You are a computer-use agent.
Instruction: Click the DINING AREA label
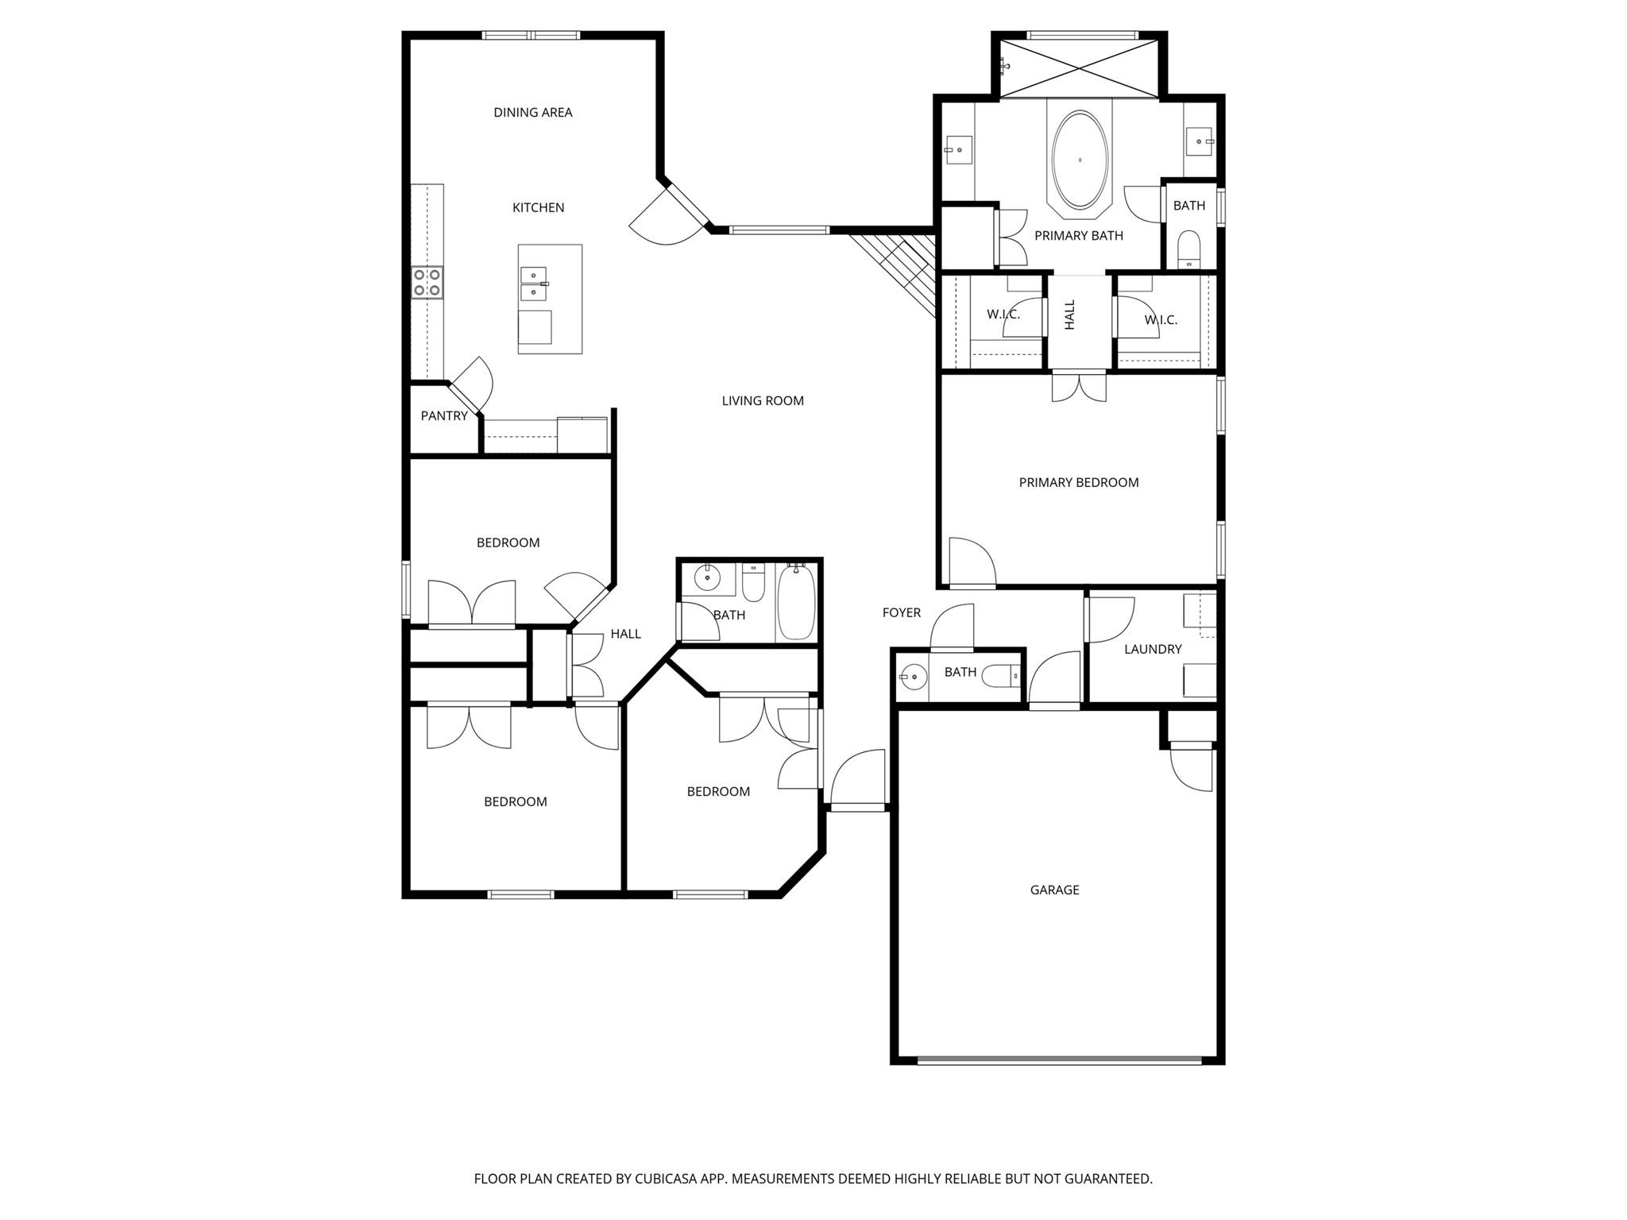[532, 113]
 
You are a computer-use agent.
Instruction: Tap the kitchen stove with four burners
[427, 283]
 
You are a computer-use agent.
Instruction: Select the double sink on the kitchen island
[534, 284]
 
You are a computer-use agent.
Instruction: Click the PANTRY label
[443, 416]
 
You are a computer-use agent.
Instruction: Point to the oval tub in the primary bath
[1080, 160]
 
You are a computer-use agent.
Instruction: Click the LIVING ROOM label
[762, 401]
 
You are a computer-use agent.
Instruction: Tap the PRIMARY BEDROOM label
[1078, 483]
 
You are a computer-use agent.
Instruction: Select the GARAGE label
[1054, 890]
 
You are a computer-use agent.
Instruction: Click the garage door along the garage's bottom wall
[1059, 1060]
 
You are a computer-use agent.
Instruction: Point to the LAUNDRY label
[1152, 650]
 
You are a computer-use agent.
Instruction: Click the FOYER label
[901, 613]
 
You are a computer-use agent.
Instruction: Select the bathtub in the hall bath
[795, 601]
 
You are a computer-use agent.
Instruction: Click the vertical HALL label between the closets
[1069, 315]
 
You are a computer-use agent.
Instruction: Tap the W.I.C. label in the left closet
[1003, 315]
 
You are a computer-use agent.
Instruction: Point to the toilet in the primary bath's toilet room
[1188, 248]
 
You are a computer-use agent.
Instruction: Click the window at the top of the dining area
[531, 35]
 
